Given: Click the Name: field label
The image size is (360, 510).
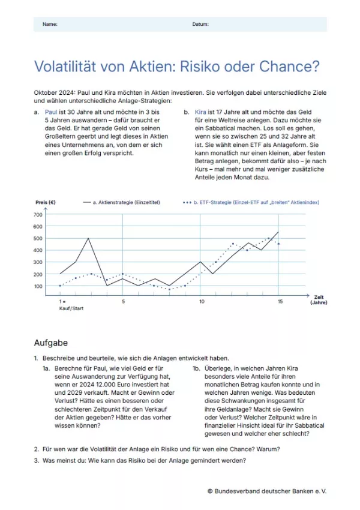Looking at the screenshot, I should point(50,24).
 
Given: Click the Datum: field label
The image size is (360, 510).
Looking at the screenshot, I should point(200,24).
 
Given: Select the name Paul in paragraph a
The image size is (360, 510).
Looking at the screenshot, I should point(51,112).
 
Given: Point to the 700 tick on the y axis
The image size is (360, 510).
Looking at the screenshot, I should point(38,214).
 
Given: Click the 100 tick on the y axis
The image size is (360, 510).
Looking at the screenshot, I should point(38,286).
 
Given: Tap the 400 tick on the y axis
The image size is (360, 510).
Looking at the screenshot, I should point(38,250).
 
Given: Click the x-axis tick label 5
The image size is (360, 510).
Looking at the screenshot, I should point(122,301).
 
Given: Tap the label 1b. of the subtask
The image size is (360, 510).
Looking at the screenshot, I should point(197,370).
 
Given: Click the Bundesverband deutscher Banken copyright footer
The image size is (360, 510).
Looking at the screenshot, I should point(267,491).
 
